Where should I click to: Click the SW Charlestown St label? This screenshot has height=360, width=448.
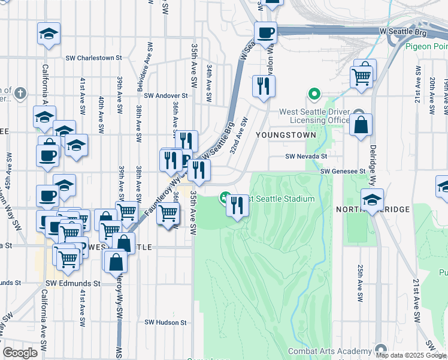coord(98,58)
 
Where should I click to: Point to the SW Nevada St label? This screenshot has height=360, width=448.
coord(306,156)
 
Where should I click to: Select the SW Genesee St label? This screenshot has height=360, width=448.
coord(343,171)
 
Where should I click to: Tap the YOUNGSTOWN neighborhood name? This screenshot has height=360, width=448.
coord(285,135)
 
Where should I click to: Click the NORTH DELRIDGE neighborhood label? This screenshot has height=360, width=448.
coord(373,209)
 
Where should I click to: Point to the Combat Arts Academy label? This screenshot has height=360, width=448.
coord(329,351)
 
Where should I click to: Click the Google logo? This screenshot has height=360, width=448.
coord(20,352)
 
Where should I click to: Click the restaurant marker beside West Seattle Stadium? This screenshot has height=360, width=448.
coord(238,206)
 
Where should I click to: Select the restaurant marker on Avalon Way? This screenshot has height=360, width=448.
coord(264,86)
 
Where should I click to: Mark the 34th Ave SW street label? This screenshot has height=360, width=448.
coord(208,78)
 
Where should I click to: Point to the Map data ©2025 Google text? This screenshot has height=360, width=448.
coord(410,355)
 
